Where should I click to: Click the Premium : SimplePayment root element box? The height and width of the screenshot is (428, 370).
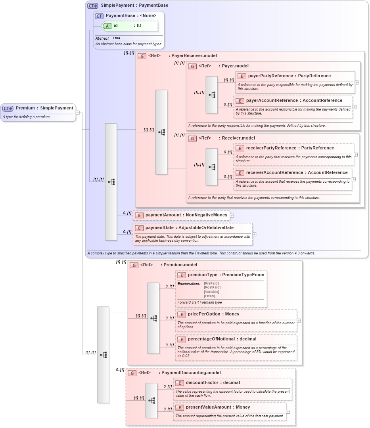click(38, 108)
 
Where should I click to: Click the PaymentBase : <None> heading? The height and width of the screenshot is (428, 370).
click(131, 15)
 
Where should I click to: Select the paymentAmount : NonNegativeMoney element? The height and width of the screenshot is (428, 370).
click(181, 215)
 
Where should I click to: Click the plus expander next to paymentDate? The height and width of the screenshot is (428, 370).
click(254, 234)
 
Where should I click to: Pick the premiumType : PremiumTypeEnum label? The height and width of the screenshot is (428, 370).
click(226, 275)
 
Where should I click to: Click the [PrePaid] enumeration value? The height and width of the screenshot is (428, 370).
click(211, 283)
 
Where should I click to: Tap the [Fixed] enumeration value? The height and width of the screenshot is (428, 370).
click(209, 296)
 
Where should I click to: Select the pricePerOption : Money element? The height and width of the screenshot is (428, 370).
click(213, 314)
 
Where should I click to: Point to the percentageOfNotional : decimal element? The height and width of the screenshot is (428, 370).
click(222, 339)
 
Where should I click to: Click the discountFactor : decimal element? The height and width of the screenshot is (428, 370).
click(213, 383)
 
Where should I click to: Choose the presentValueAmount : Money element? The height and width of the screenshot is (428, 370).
click(218, 407)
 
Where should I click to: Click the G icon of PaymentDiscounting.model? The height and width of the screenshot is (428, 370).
click(132, 373)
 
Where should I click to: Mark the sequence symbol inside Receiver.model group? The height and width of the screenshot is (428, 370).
click(212, 167)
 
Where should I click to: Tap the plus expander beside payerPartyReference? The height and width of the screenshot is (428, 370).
click(357, 82)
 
